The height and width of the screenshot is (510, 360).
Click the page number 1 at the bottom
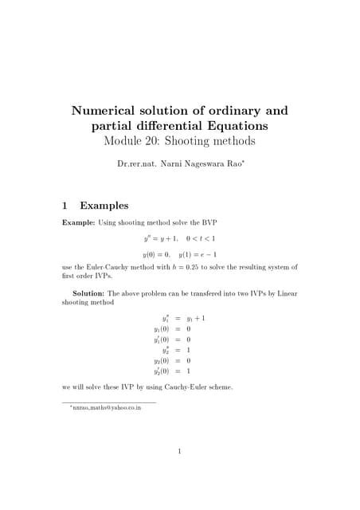point(180,453)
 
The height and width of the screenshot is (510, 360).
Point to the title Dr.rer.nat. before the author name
point(140,166)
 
